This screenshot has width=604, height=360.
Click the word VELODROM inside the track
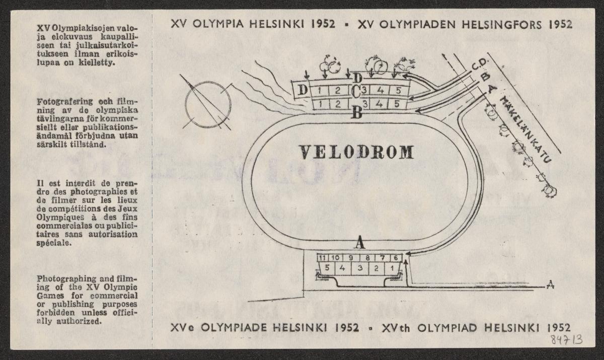coord(356,152)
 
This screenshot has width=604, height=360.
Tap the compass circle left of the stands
coord(207,105)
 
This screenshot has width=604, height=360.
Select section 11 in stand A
coord(323,258)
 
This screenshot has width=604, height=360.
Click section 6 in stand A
coord(396,258)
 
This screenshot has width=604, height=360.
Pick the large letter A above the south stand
coord(359,243)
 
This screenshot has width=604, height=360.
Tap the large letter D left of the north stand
coord(303,91)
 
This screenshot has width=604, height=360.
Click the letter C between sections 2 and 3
coord(355,92)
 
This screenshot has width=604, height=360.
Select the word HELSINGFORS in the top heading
coord(507,25)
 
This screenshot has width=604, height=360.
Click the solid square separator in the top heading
coord(346,25)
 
